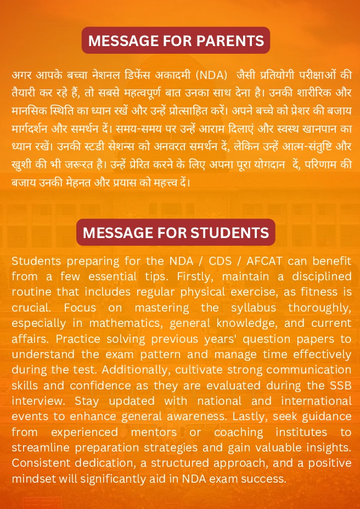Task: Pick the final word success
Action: [266, 479]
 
